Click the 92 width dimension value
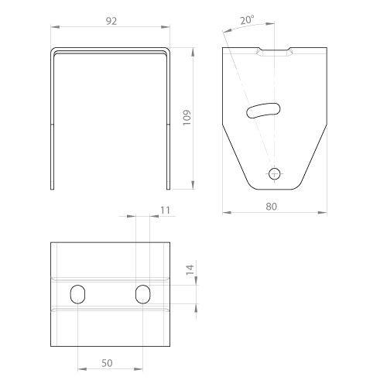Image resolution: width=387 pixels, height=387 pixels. [x=111, y=21]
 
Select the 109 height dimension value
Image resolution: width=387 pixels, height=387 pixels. [x=187, y=118]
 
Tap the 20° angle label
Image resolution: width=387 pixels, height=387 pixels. [x=247, y=20]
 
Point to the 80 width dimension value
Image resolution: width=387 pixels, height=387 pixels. [x=271, y=207]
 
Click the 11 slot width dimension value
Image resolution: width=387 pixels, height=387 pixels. [x=165, y=211]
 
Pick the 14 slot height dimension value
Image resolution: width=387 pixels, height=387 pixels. [x=190, y=271]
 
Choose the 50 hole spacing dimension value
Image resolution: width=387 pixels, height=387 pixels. [x=107, y=363]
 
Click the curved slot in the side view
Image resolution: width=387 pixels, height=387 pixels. [x=263, y=111]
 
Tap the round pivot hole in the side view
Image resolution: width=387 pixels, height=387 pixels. [x=275, y=174]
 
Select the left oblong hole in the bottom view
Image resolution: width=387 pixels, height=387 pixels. [x=77, y=294]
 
